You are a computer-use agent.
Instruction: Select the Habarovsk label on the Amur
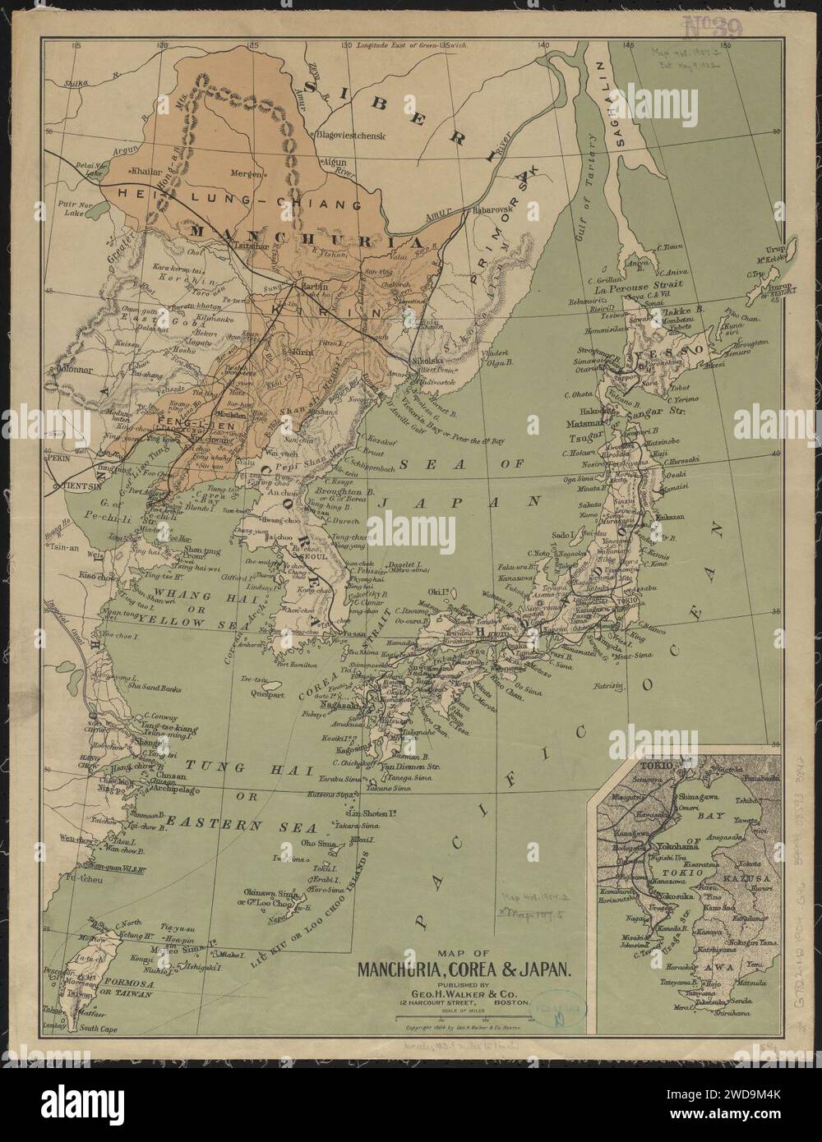493,210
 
